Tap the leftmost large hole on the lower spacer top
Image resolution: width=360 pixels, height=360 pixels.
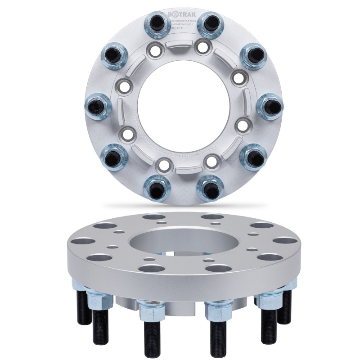tap(82, 238)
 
